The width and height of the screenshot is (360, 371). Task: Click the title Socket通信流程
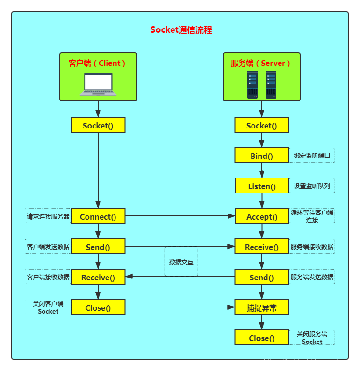point(181,30)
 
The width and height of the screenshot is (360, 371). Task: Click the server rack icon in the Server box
point(262,84)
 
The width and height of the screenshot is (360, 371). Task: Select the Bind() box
point(262,156)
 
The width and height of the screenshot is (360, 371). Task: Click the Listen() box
point(262,186)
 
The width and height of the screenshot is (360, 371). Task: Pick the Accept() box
point(262,216)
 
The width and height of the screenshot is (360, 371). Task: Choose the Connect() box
point(98,216)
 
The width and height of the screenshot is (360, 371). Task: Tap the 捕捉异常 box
point(262,307)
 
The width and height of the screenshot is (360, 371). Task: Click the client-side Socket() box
point(98,125)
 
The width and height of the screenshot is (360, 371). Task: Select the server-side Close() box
point(262,338)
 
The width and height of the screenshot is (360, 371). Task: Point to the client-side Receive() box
point(98,277)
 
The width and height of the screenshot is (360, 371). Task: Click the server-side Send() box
point(262,277)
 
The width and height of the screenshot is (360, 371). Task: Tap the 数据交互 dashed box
point(181,262)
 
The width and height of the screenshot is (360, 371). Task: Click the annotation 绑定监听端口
point(312,156)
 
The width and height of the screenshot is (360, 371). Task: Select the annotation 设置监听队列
point(312,186)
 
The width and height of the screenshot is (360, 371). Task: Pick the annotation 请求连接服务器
point(48,216)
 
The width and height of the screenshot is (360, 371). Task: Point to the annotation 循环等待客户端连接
point(312,216)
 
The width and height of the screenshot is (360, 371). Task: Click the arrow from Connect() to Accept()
point(180,216)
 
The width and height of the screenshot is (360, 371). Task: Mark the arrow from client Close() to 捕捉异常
point(180,307)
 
